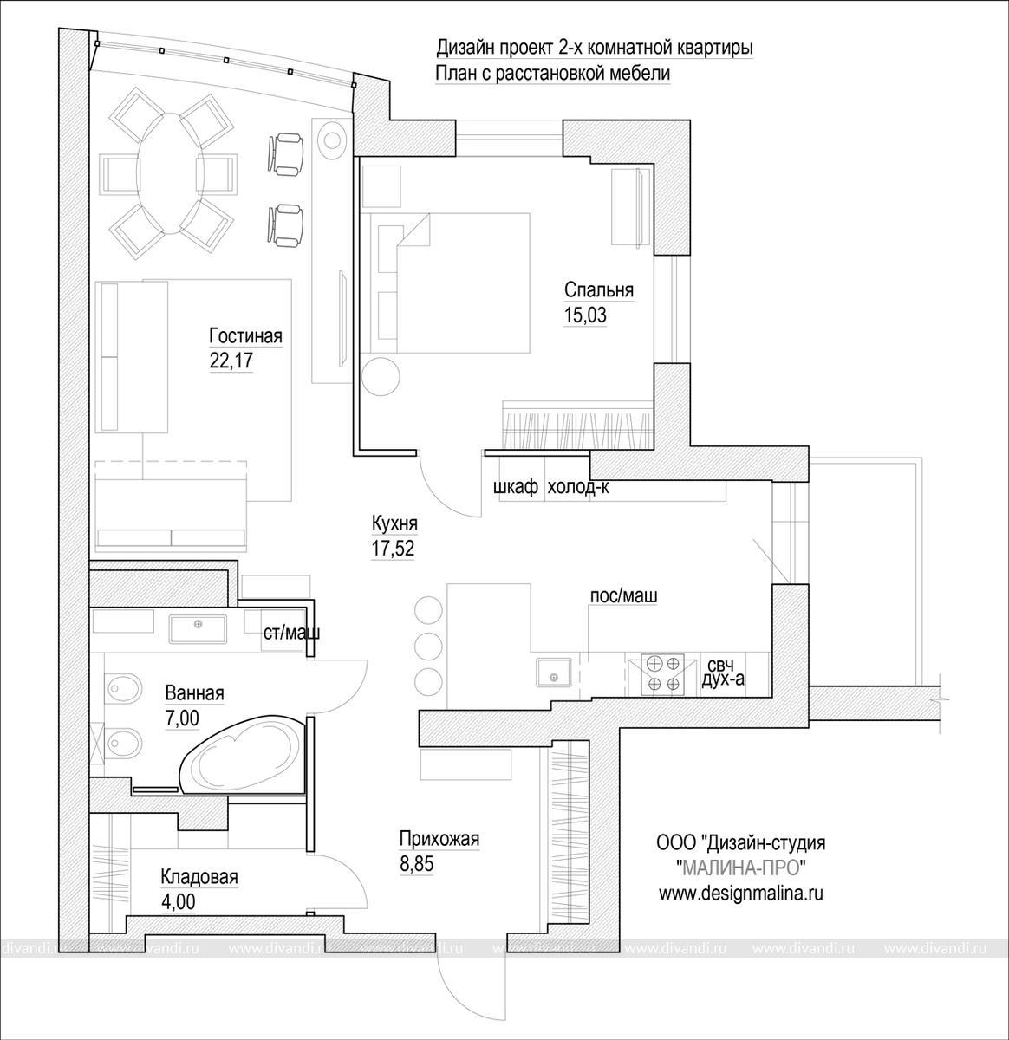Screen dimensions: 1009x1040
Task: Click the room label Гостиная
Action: click(x=245, y=336)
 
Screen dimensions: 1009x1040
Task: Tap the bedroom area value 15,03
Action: click(x=585, y=315)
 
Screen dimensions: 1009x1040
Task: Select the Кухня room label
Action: click(x=394, y=524)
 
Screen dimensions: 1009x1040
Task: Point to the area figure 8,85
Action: click(x=417, y=864)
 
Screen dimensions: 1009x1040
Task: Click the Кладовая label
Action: click(x=199, y=877)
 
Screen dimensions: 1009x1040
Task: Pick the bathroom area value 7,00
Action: click(x=182, y=718)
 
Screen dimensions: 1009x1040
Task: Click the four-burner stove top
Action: click(x=663, y=673)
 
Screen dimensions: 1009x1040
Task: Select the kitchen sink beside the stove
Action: click(x=553, y=672)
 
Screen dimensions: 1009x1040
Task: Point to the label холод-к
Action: click(x=578, y=487)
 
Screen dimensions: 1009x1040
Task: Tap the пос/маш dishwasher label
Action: click(x=623, y=595)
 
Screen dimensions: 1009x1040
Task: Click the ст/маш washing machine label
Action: click(x=292, y=633)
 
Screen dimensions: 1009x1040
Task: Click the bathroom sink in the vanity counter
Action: click(x=198, y=628)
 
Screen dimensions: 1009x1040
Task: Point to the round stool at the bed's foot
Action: click(x=381, y=376)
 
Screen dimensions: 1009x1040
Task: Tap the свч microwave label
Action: click(x=720, y=666)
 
